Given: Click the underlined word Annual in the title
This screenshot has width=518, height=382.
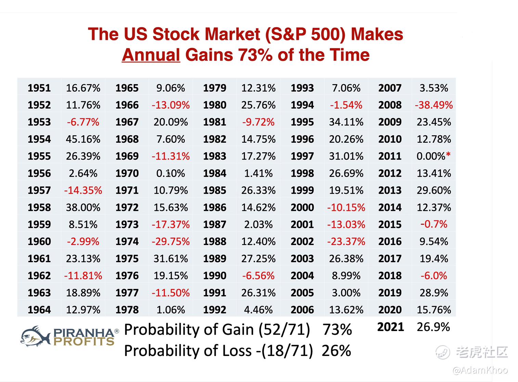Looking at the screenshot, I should (x=151, y=55).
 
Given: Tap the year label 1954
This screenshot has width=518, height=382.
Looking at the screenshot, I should (x=39, y=139).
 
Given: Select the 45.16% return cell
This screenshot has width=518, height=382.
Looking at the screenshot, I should (x=83, y=139).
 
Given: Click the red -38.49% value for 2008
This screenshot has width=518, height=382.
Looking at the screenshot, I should (x=433, y=105).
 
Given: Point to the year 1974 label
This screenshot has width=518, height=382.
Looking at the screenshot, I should (x=127, y=242).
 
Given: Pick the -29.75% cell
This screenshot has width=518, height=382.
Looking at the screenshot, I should (x=171, y=242).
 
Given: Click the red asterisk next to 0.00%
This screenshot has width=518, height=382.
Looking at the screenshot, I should (x=448, y=155).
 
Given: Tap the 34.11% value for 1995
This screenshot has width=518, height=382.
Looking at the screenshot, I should (x=346, y=122).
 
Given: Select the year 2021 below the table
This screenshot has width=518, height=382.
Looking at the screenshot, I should (x=390, y=327).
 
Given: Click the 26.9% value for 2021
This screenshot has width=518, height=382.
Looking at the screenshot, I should (x=433, y=327).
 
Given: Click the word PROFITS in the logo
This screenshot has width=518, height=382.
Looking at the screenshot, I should (x=84, y=342).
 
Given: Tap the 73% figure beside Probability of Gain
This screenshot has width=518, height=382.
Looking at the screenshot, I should (x=337, y=330).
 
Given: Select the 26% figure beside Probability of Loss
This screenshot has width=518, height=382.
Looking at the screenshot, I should (x=336, y=351).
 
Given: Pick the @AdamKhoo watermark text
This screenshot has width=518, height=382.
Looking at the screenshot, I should (x=480, y=370).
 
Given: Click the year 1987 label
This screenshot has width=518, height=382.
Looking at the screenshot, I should (x=215, y=225).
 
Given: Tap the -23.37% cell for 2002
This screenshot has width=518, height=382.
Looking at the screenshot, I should (x=346, y=242).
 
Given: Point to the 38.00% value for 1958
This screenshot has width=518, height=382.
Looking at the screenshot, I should (x=83, y=207).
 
